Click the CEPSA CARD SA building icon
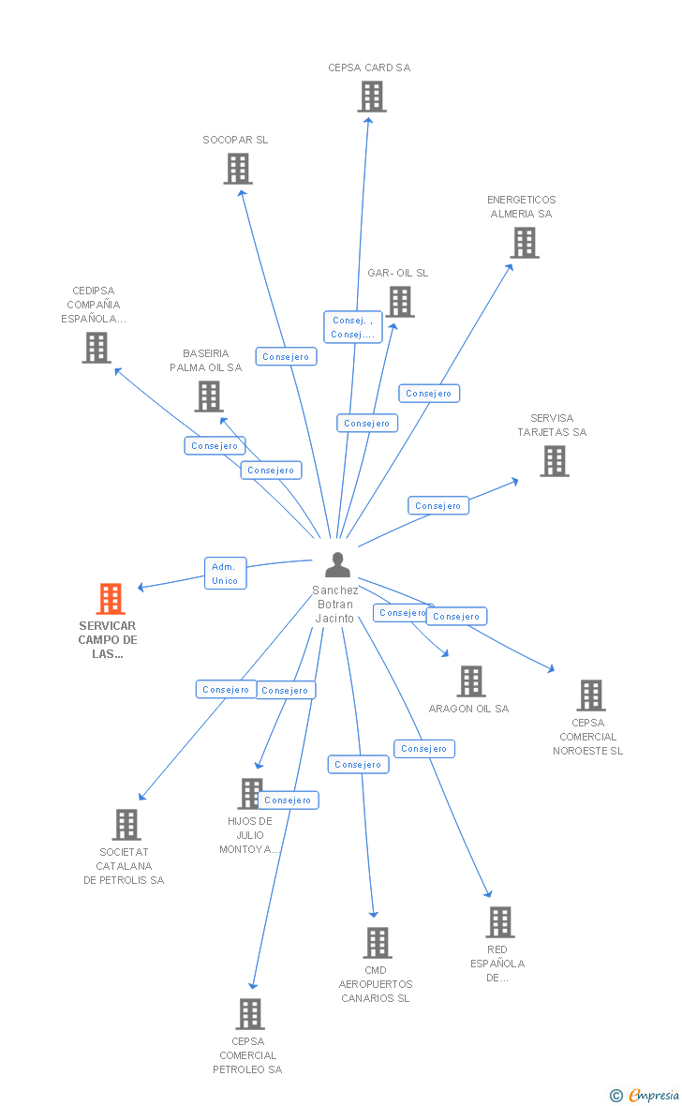pos(372,97)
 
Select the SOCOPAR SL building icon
pos(238,169)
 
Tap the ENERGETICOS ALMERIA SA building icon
pos(525,243)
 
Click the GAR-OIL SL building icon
pos(400,302)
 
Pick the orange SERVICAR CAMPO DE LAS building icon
pos(111,599)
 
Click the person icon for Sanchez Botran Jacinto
pos(337,565)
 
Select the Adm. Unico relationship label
pos(225,574)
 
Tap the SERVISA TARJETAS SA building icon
pos(555,461)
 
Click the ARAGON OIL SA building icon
pos(471,681)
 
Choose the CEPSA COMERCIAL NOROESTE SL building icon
pos(591,695)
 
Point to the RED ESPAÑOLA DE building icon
pos(500,922)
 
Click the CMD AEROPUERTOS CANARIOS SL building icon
pos(377,943)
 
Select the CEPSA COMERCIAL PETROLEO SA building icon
pos(250,1014)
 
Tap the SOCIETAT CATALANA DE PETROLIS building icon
pos(126,825)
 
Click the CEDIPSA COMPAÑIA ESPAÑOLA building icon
pos(96,348)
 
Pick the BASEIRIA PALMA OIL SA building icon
pos(208,396)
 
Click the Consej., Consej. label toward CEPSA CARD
pos(353,327)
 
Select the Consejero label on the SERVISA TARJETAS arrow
pos(438,506)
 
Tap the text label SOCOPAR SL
pos(235,140)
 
